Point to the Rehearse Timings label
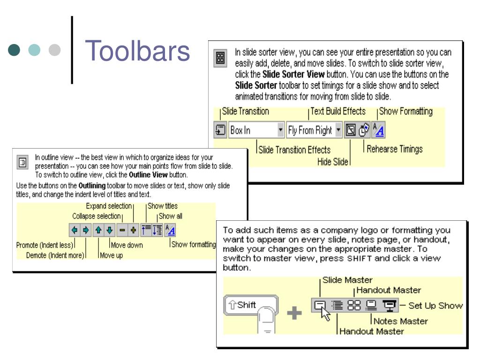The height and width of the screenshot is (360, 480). pyautogui.click(x=395, y=149)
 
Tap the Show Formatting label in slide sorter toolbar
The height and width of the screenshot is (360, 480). pyautogui.click(x=405, y=112)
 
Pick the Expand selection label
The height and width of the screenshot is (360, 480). pyautogui.click(x=108, y=206)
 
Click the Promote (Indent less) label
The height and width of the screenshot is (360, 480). pyautogui.click(x=45, y=245)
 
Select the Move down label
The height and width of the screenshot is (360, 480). pyautogui.click(x=127, y=245)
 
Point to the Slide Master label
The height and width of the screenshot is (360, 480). pyautogui.click(x=347, y=280)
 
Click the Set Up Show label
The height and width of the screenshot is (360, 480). pyautogui.click(x=435, y=306)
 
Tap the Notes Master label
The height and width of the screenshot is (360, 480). pyautogui.click(x=400, y=321)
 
